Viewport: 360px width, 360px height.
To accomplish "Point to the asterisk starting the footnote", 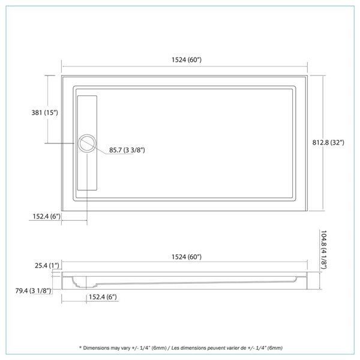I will click(79, 348).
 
